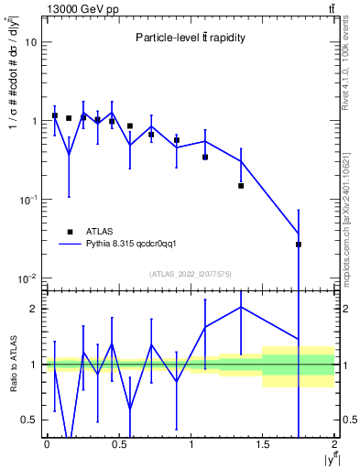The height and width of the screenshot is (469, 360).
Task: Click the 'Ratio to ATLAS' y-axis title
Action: [x=12, y=365]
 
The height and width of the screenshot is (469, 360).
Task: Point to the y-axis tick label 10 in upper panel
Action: [x=30, y=42]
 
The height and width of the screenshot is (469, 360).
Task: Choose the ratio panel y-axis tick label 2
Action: [x=35, y=309]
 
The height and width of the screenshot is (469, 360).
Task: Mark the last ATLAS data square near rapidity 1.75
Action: [x=299, y=245]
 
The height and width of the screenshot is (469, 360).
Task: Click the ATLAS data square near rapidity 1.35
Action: [x=241, y=186]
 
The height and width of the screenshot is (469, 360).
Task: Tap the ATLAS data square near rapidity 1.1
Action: [x=205, y=157]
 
